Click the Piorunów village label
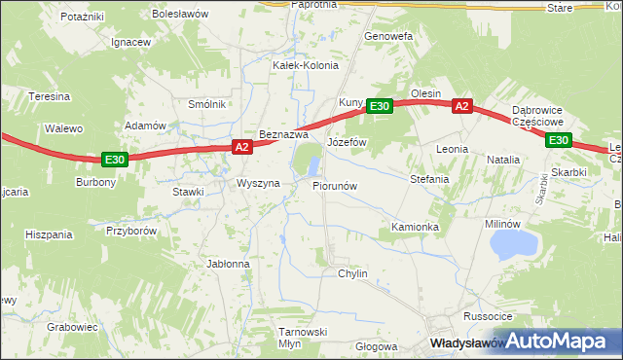point(336,185)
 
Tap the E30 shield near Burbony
point(114,159)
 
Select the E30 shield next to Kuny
point(380,106)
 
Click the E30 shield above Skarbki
point(558,141)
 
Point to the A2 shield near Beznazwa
point(242,147)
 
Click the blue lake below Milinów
point(513,243)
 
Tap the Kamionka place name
point(416,227)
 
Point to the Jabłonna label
point(229,264)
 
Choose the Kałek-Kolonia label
point(306,66)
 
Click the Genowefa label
point(388,36)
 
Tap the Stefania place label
point(429,179)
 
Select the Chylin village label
point(352,274)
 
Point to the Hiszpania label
point(50,234)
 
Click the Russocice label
point(488,316)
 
